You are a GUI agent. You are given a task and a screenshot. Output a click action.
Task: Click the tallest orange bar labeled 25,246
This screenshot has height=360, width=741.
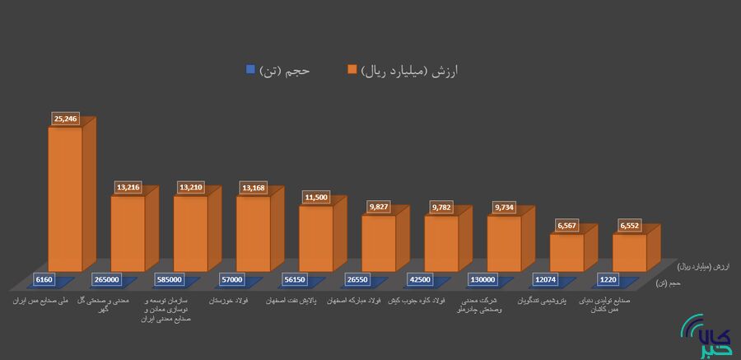(65, 198)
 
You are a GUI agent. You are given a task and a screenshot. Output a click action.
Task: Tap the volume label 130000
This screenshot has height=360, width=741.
(482, 279)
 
